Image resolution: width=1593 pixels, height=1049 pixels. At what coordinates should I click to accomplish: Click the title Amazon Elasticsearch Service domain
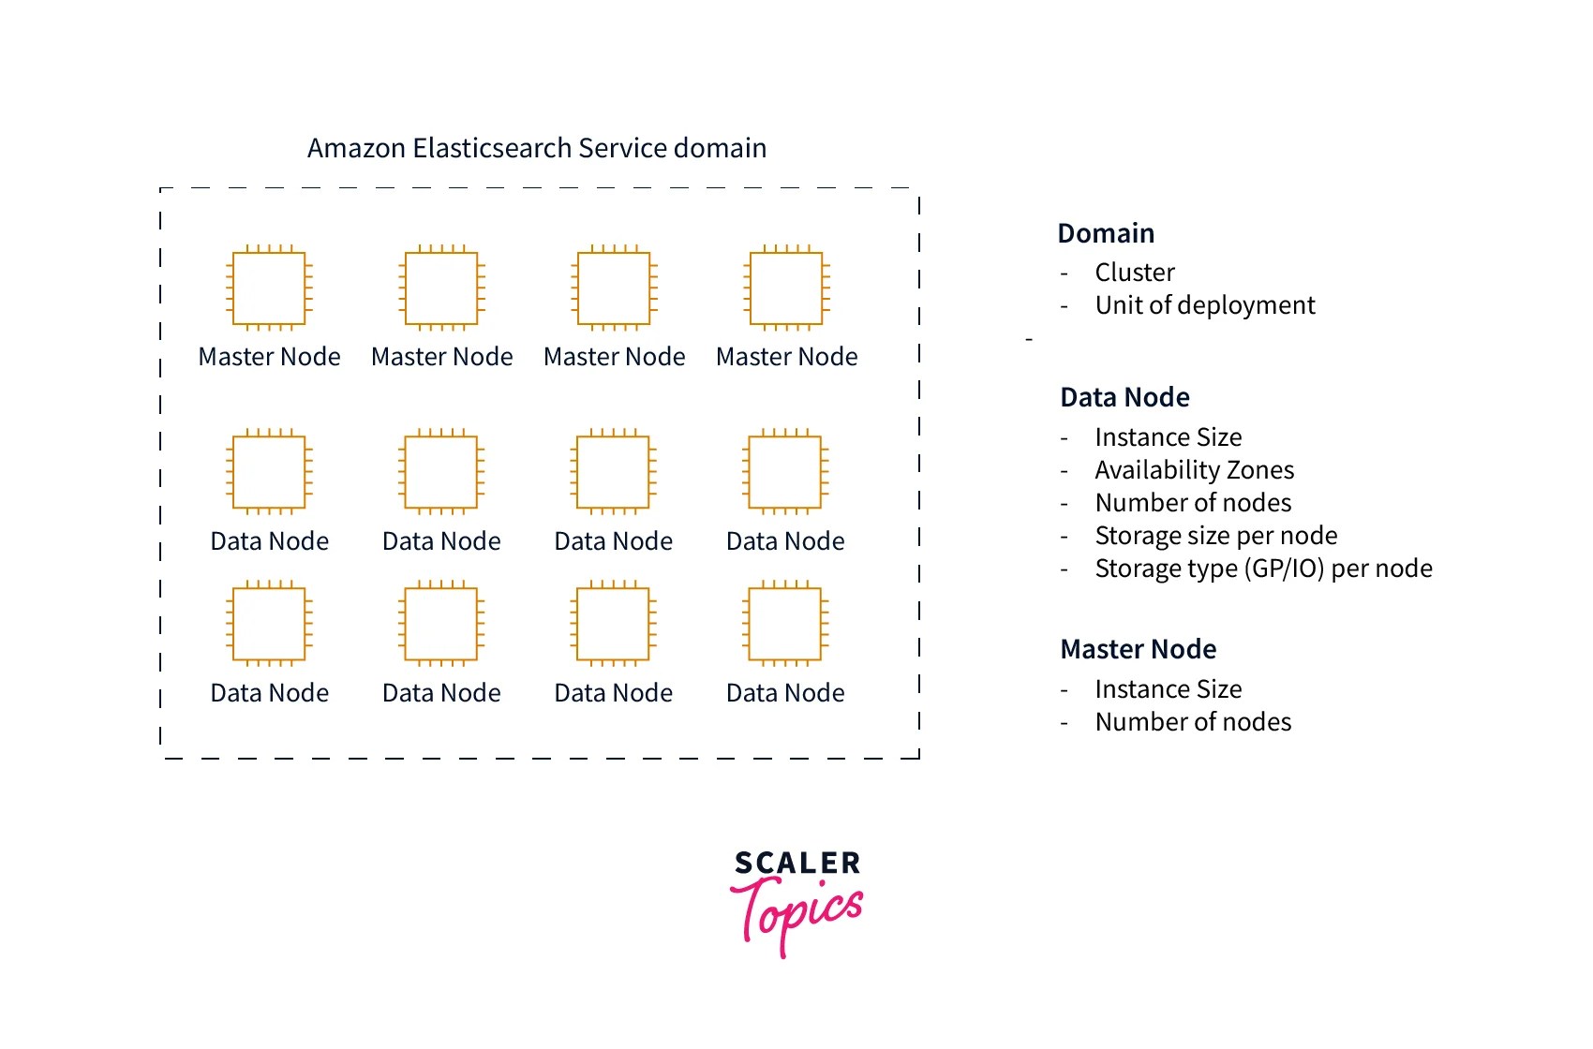point(537,148)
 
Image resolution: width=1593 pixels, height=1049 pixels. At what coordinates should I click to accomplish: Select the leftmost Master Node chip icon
point(269,288)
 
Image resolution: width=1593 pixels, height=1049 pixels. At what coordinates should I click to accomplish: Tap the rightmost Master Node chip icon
point(787,288)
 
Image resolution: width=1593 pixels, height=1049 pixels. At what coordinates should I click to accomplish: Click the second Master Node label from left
point(441,357)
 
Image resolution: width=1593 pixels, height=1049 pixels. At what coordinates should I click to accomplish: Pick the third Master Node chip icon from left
point(615,288)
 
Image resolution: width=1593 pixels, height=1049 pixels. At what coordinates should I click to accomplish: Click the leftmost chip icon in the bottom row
point(269,625)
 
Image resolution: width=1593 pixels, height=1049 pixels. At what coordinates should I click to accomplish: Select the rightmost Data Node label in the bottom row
point(785,693)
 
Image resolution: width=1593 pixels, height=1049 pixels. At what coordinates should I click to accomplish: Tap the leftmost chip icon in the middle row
point(269,472)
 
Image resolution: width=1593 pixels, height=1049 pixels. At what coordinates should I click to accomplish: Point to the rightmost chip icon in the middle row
point(785,472)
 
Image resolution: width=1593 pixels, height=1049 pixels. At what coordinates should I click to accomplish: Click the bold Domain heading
point(1106,233)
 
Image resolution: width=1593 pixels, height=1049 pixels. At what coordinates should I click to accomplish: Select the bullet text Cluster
point(1134,273)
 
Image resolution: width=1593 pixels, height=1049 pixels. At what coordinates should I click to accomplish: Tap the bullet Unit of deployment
point(1204,305)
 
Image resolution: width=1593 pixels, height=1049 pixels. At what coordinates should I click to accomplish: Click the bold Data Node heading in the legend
point(1124,397)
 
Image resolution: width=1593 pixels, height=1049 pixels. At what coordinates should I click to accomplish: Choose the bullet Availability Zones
point(1194,470)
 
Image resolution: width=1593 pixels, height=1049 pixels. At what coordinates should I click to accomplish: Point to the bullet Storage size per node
point(1215,536)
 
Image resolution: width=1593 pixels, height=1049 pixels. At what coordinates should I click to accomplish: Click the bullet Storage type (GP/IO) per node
point(1263,569)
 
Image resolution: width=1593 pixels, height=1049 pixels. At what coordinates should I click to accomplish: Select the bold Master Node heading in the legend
point(1138,649)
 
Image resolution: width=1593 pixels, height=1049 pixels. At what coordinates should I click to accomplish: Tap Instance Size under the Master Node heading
point(1168,689)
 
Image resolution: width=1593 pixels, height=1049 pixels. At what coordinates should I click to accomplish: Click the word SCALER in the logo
point(796,863)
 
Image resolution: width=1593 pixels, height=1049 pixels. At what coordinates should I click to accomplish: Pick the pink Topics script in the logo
point(796,913)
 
